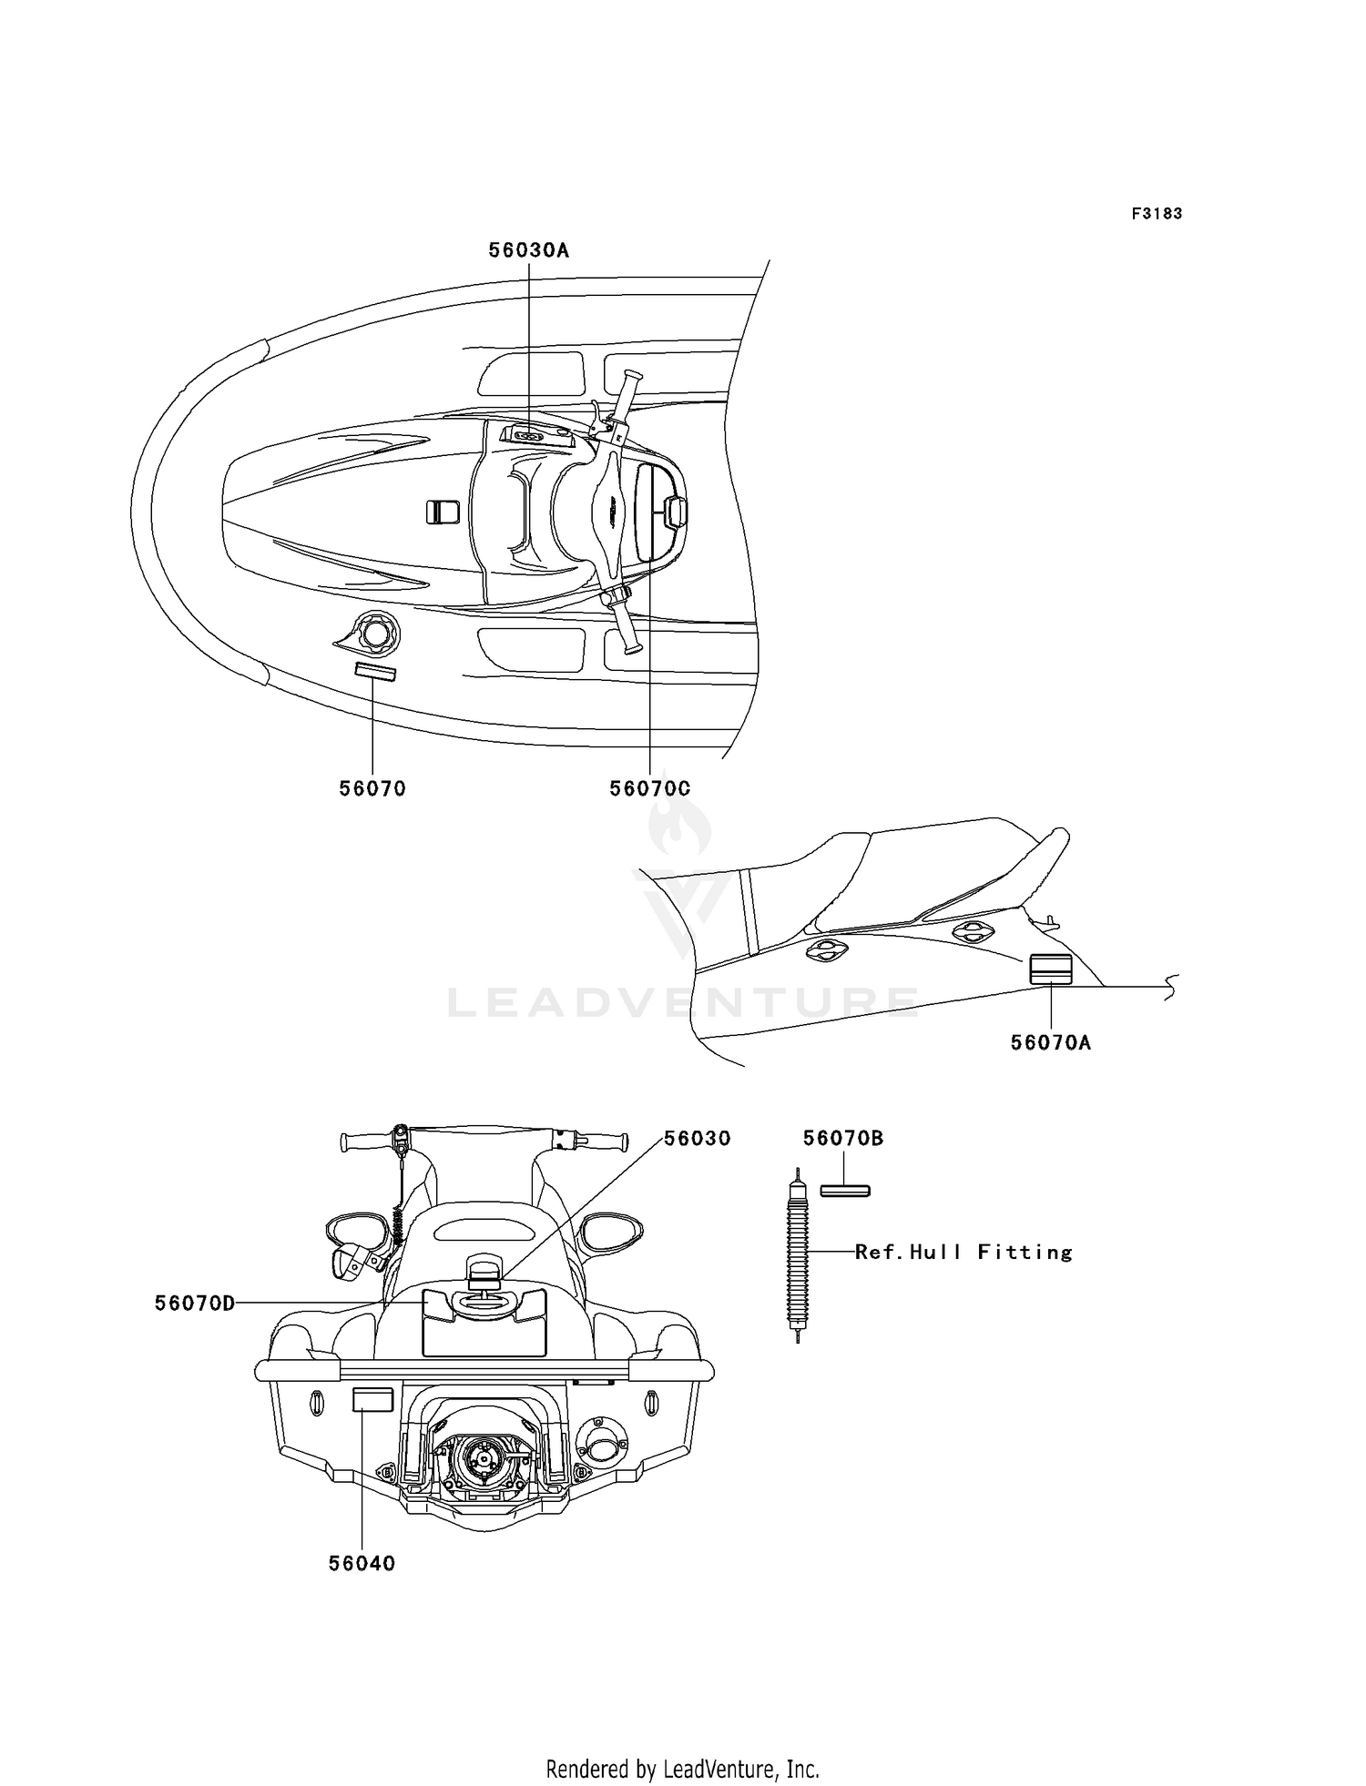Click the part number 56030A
pos(528,250)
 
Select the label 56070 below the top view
pos(372,788)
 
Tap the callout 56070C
pos(650,788)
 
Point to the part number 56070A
pos(1051,1042)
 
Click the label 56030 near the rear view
pos(697,1139)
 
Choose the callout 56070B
pos(843,1139)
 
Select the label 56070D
pos(195,1304)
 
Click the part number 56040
pos(362,1563)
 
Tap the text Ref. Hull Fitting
pos(963,1253)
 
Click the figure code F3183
pos(1157,214)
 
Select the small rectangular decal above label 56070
pos(375,672)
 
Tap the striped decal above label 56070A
pos(1051,969)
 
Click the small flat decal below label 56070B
pos(845,1191)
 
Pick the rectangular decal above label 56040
pos(373,1400)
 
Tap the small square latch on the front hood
pos(443,512)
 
